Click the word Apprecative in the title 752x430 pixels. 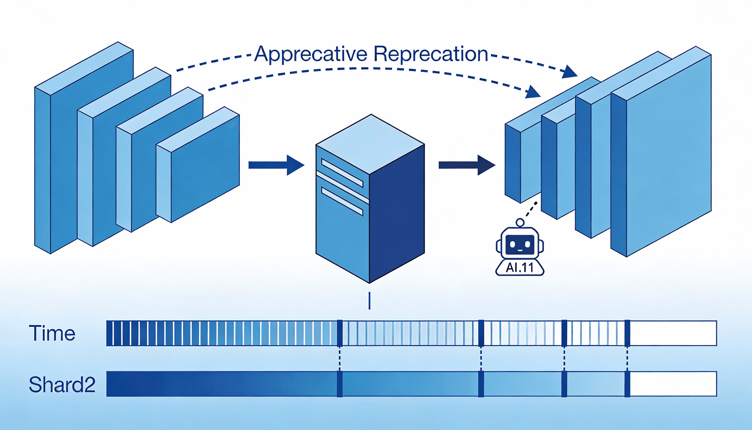pyautogui.click(x=311, y=54)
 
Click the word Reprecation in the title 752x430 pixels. pyautogui.click(x=431, y=54)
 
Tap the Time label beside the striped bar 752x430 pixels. pyautogui.click(x=52, y=333)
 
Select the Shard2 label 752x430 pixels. pyautogui.click(x=62, y=385)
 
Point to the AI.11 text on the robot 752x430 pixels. pyautogui.click(x=520, y=268)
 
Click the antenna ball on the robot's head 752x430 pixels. pyautogui.click(x=520, y=222)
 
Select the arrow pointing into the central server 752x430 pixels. pyautogui.click(x=276, y=165)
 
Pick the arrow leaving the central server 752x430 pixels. pyautogui.click(x=466, y=165)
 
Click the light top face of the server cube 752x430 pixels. pyautogui.click(x=370, y=144)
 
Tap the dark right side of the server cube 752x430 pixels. pyautogui.click(x=397, y=213)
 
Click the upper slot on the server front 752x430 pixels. pyautogui.click(x=342, y=173)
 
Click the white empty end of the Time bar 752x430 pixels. pyautogui.click(x=673, y=333)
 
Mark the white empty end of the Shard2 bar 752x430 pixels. pyautogui.click(x=673, y=384)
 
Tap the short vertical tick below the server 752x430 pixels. pyautogui.click(x=370, y=301)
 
